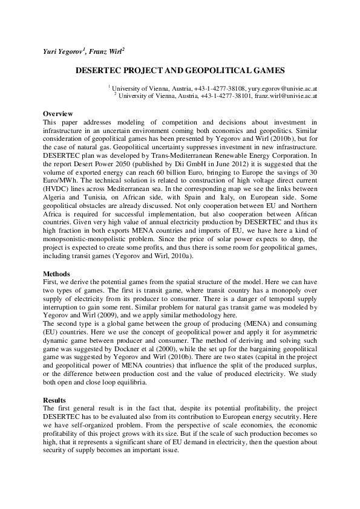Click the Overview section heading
[58, 114]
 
